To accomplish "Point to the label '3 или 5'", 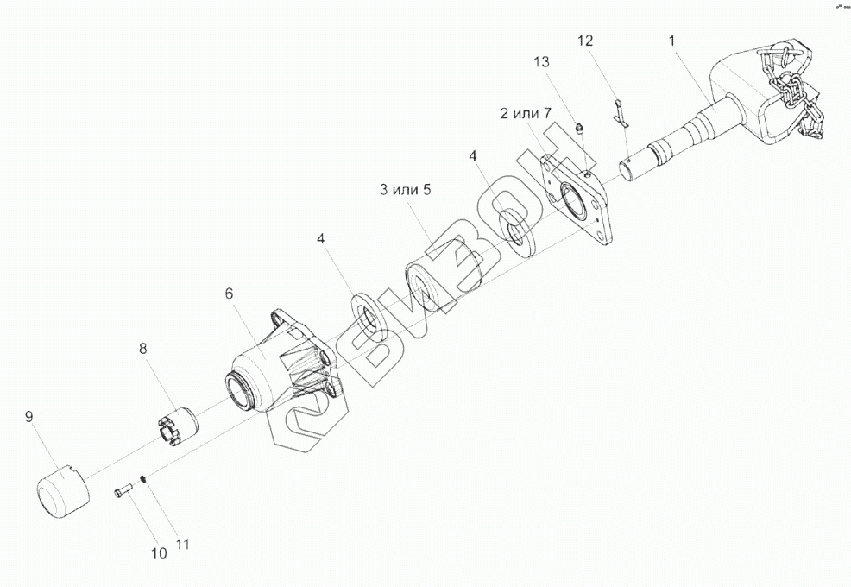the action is tap(405, 190).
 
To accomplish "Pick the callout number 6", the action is tap(229, 293).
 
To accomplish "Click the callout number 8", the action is tap(142, 348).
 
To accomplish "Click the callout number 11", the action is tap(182, 545).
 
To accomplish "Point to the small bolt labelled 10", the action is tap(120, 492).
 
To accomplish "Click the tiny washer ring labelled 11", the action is tap(142, 480).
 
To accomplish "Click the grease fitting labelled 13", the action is tap(580, 129).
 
